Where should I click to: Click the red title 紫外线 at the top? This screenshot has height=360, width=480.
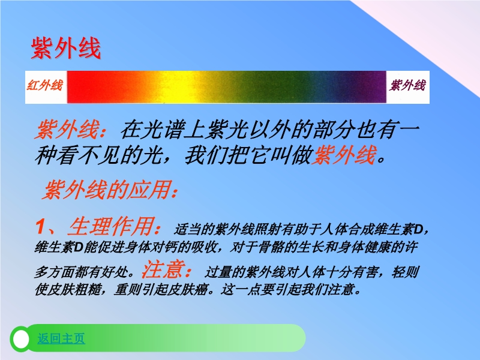(66, 48)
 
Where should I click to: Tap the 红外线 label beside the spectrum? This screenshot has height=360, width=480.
(45, 85)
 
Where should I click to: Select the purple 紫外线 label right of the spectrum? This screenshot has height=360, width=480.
(407, 85)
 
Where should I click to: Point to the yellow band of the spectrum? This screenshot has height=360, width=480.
(181, 87)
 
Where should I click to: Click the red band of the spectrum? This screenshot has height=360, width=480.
(92, 87)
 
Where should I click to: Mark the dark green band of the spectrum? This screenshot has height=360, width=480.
(269, 87)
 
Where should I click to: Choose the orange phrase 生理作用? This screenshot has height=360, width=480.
(111, 227)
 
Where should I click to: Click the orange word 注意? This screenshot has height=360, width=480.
(163, 269)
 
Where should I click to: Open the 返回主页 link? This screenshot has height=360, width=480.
(61, 338)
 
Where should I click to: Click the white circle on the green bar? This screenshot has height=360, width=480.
(21, 339)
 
